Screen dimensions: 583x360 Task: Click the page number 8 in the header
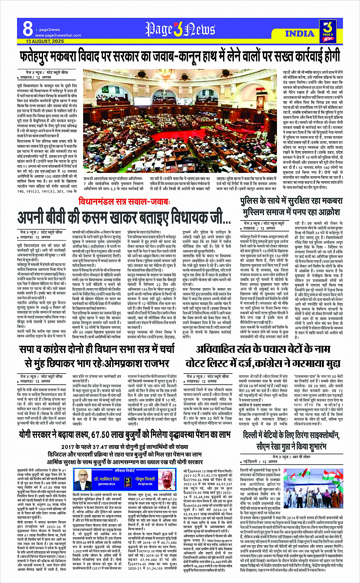tap(27, 29)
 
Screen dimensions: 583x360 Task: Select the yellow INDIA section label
tap(299, 34)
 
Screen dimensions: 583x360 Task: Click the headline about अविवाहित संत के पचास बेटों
tap(263, 349)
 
